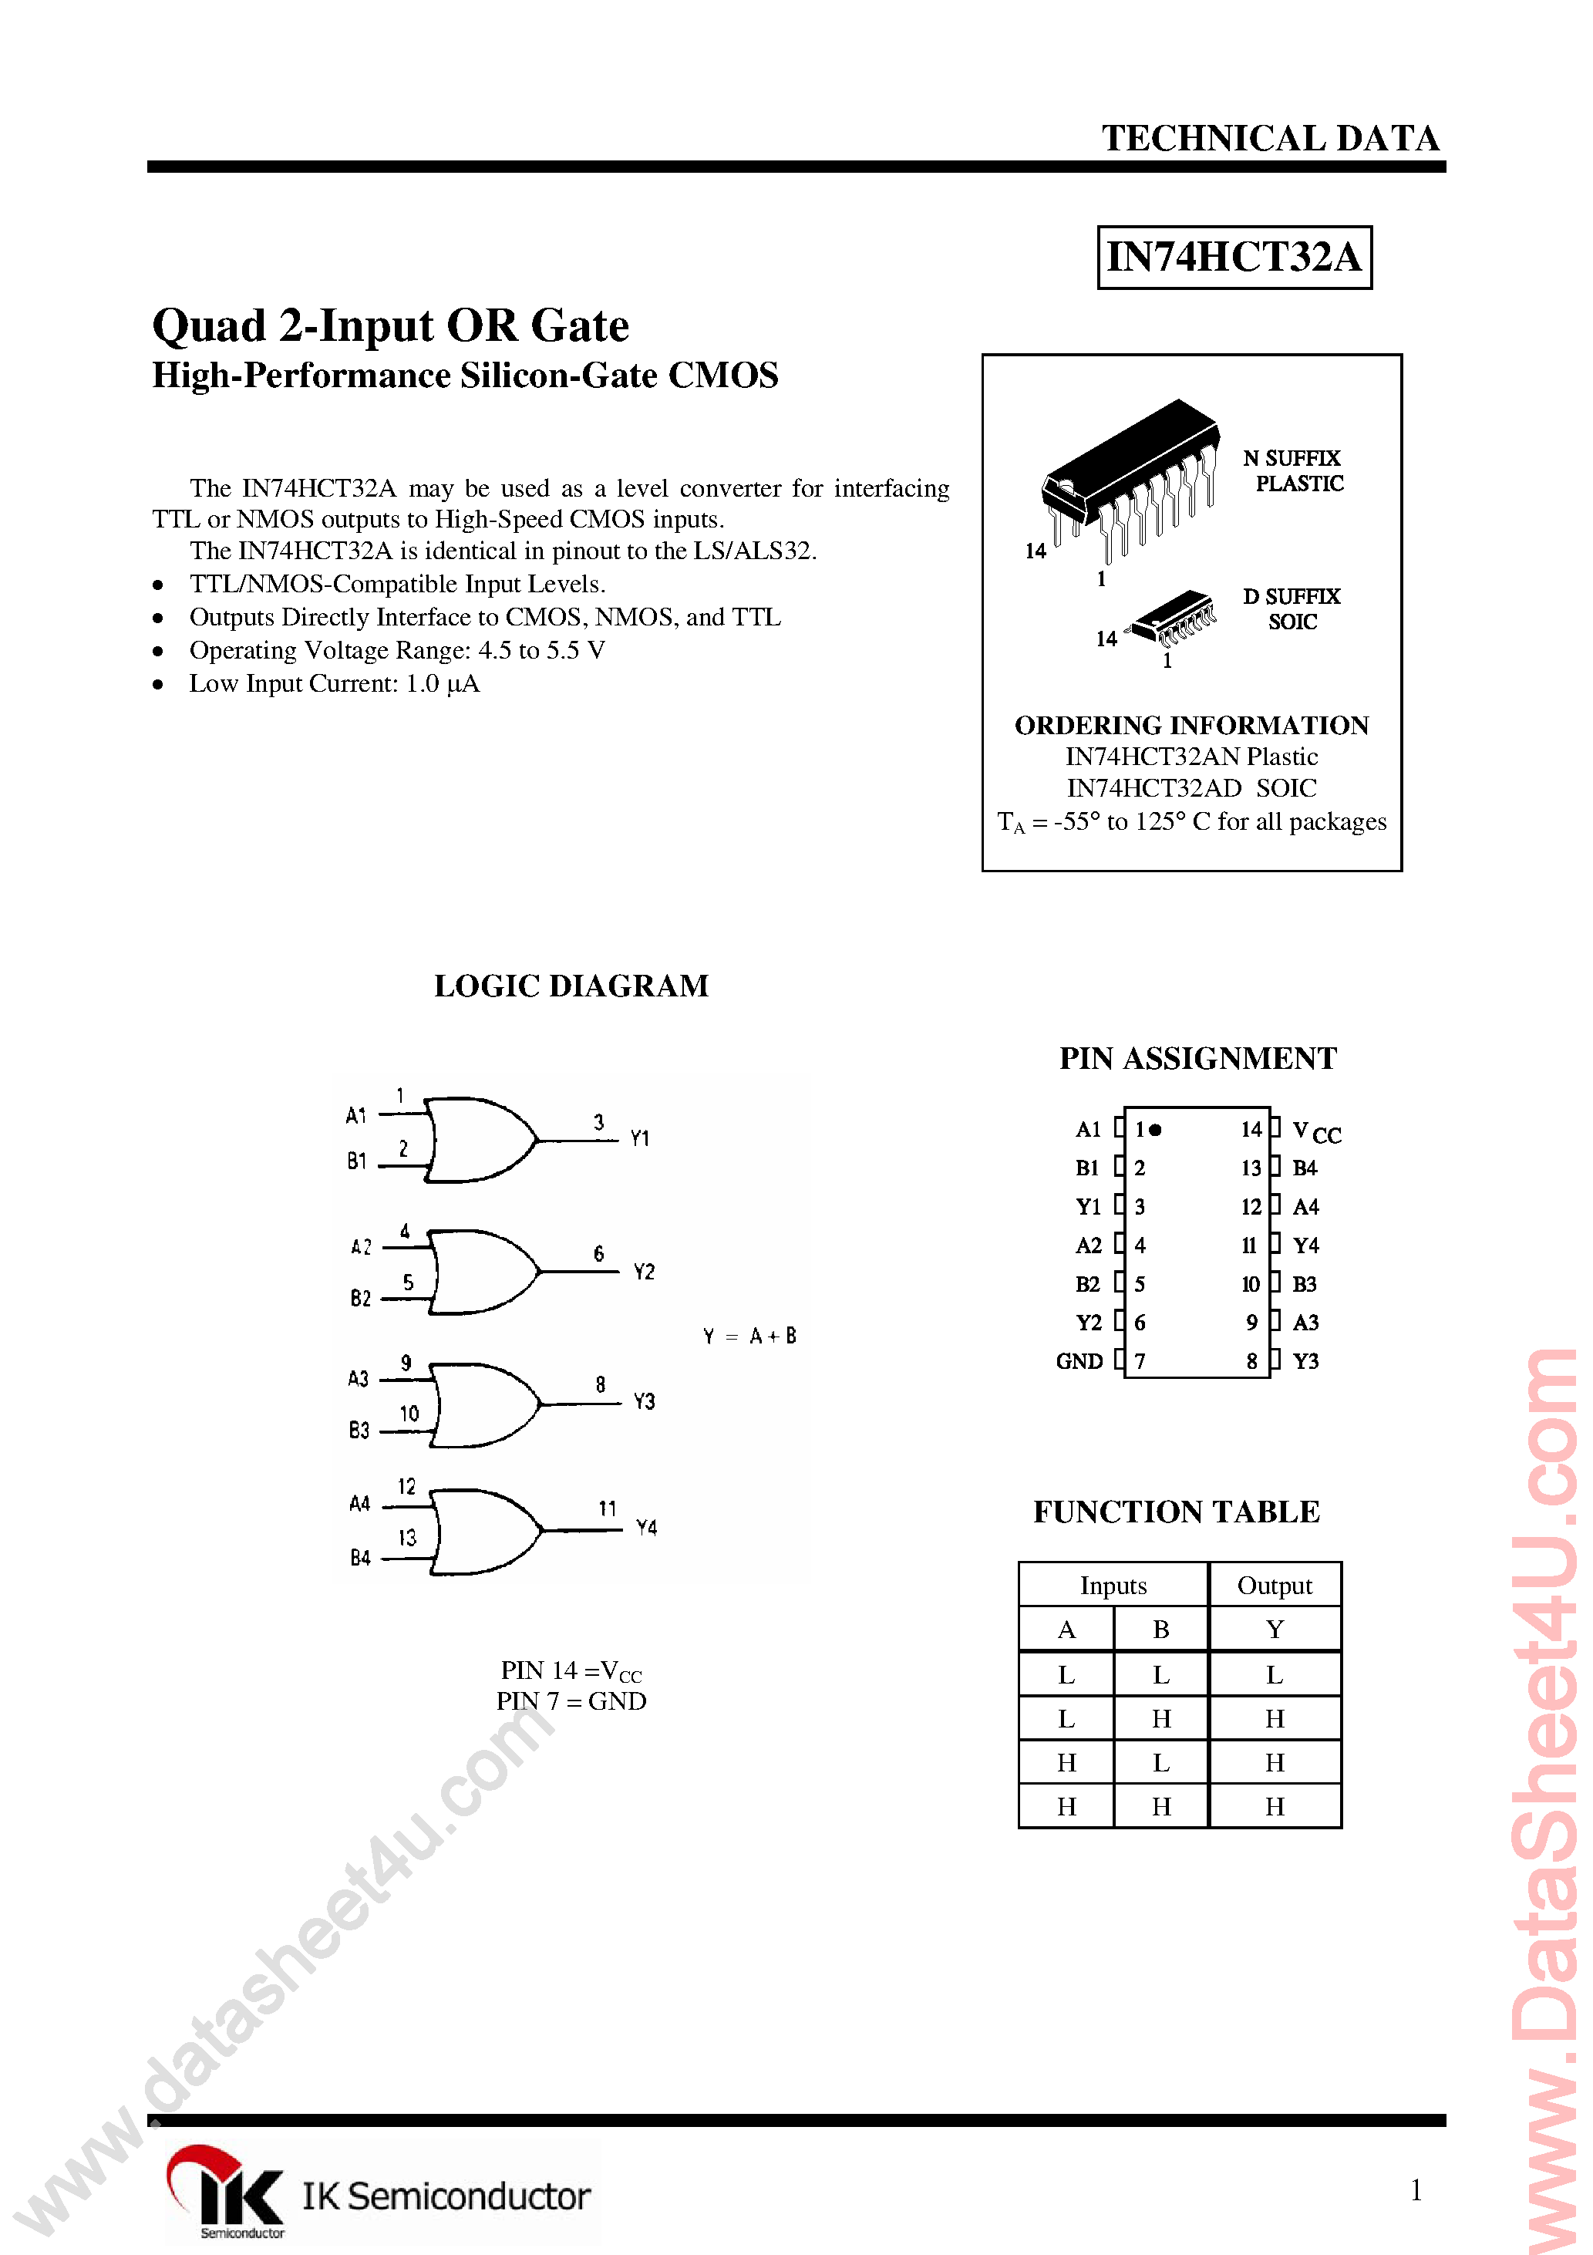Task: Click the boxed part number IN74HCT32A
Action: [1234, 258]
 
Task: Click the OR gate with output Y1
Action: [481, 1139]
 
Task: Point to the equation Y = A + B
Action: [749, 1336]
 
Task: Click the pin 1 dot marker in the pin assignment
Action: [1156, 1130]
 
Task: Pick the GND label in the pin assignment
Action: [1079, 1361]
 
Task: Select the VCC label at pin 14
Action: [1315, 1131]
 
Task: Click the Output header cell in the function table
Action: [1274, 1585]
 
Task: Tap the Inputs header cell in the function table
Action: [1113, 1585]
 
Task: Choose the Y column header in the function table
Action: [1274, 1630]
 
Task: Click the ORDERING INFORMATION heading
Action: [1191, 725]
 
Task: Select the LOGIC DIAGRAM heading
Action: [571, 985]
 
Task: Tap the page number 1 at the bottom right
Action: [1415, 2189]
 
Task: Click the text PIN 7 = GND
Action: [571, 1701]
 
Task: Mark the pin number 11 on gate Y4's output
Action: [607, 1508]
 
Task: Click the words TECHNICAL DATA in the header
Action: [1270, 139]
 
